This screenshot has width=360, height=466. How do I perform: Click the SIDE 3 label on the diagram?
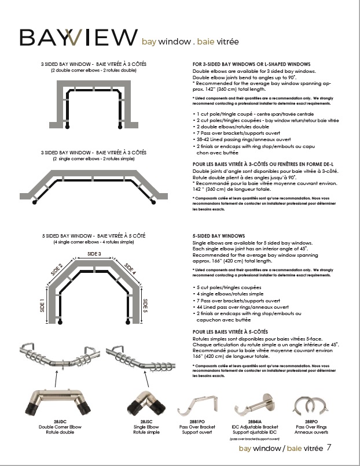tap(94, 254)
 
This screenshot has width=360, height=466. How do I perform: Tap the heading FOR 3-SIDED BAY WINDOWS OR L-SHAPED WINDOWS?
tap(251, 64)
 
